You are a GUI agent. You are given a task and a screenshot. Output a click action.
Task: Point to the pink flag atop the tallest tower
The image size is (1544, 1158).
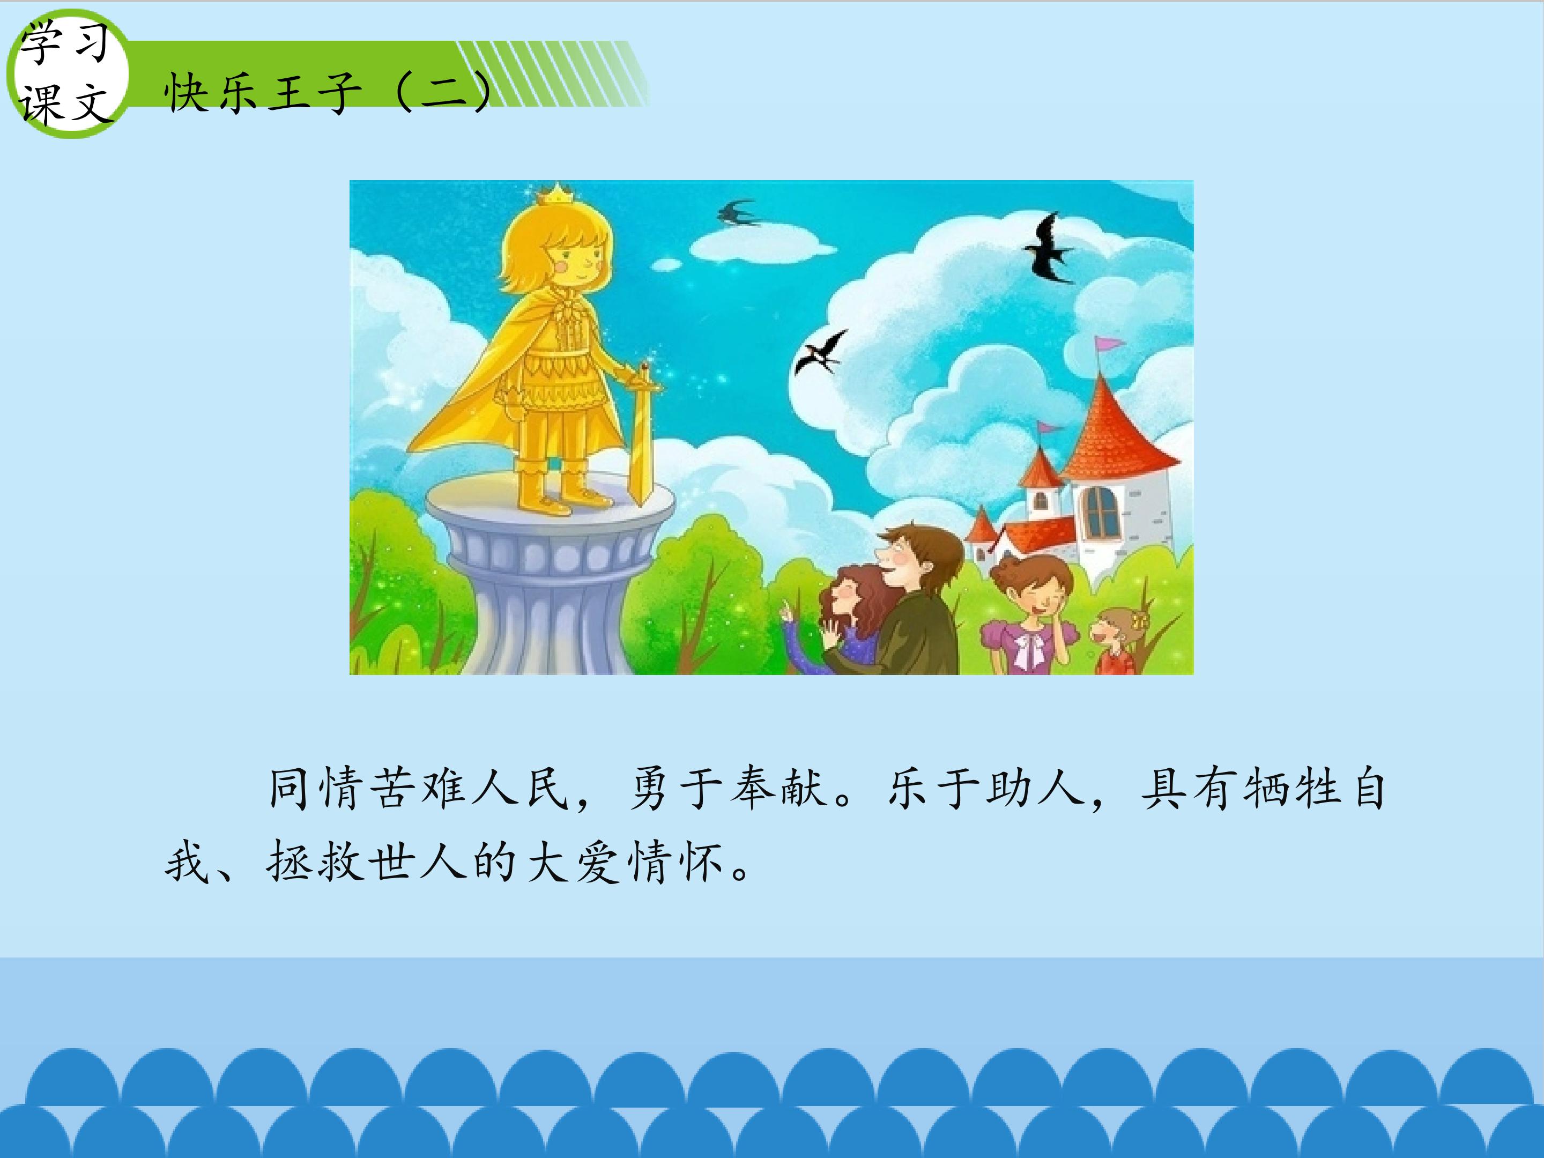click(x=1109, y=344)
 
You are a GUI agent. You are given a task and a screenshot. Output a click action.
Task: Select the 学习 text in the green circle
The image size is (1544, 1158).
click(x=64, y=43)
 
